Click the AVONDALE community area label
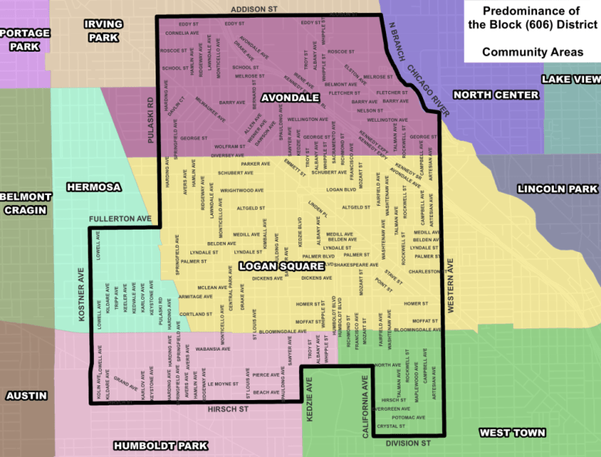point(290,98)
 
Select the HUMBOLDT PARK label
point(160,445)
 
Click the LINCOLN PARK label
point(557,189)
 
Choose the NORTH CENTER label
point(495,95)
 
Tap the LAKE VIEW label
point(570,79)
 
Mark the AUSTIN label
point(26,395)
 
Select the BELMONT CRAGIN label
point(25,203)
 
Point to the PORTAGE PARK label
point(25,39)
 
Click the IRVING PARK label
point(103,31)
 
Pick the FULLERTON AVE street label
point(120,219)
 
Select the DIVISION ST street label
point(408,444)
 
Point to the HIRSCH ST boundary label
point(227,409)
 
